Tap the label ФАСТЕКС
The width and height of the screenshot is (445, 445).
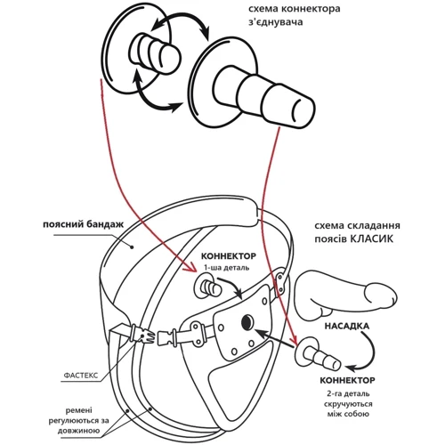click(81, 375)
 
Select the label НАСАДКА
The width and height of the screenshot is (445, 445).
click(347, 326)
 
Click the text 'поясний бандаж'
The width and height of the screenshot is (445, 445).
click(83, 224)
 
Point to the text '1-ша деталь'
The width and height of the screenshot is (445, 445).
click(226, 268)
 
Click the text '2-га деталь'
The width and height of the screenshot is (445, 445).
click(348, 393)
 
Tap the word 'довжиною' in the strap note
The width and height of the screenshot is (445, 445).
click(79, 431)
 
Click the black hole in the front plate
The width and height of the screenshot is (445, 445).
click(247, 322)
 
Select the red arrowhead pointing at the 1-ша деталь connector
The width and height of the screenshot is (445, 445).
click(190, 269)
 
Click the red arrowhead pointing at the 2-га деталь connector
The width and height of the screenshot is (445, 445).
click(294, 340)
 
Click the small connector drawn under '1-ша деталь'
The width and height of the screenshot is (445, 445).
click(207, 287)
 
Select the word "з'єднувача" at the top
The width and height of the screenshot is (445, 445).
click(276, 22)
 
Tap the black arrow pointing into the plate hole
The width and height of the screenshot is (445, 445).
click(274, 337)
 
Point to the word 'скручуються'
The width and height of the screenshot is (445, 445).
click(348, 404)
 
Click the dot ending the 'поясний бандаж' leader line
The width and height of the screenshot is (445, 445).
click(133, 247)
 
